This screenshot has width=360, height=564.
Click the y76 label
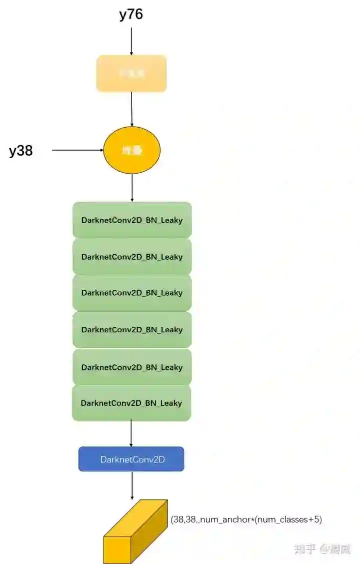tap(131, 15)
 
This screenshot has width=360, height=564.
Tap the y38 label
tap(21, 151)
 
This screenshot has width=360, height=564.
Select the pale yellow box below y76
tap(131, 74)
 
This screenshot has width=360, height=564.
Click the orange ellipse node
tap(131, 150)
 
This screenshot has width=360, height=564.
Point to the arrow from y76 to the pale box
tap(131, 41)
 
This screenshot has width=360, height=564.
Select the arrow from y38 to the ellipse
tap(77, 150)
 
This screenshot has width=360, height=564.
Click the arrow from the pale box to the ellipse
tap(131, 109)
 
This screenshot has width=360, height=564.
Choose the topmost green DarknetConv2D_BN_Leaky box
tap(132, 220)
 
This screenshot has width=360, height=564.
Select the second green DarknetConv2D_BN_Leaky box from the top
tap(132, 257)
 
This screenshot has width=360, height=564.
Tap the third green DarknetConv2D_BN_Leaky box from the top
tap(132, 293)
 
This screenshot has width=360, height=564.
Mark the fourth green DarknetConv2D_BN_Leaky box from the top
tap(132, 330)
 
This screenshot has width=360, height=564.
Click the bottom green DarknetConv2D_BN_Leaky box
tap(132, 403)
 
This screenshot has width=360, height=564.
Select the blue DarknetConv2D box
tap(131, 459)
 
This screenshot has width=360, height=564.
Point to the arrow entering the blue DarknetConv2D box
tap(131, 433)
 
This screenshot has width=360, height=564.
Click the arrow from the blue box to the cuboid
tap(132, 485)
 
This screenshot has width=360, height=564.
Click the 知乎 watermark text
tap(305, 548)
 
